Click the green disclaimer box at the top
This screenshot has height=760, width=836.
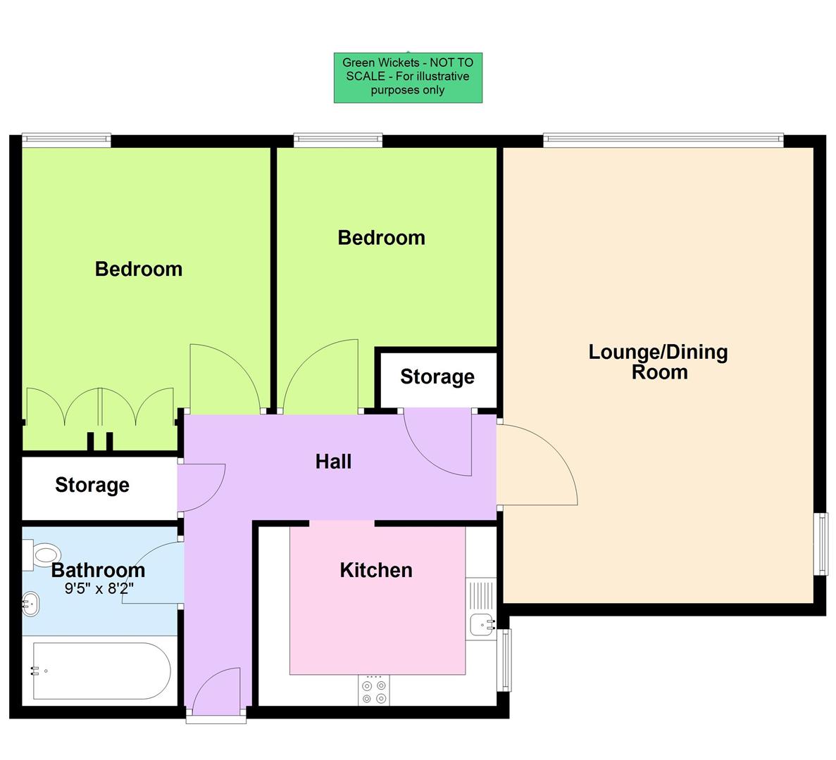(408, 77)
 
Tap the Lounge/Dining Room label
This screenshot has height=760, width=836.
(659, 362)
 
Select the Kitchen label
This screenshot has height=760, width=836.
(376, 570)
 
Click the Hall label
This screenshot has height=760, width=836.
(333, 462)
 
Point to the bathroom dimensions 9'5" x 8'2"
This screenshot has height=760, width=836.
(99, 588)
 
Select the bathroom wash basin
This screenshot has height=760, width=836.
(30, 602)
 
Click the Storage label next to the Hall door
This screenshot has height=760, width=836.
(437, 377)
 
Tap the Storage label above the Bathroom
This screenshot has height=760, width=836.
(92, 485)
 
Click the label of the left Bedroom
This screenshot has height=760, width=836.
(139, 269)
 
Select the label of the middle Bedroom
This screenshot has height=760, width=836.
(381, 238)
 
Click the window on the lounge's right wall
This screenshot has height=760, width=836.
(821, 544)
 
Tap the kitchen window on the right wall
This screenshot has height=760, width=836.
(505, 659)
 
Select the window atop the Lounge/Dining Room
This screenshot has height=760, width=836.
(663, 140)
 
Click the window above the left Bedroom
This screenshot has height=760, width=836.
(66, 140)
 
